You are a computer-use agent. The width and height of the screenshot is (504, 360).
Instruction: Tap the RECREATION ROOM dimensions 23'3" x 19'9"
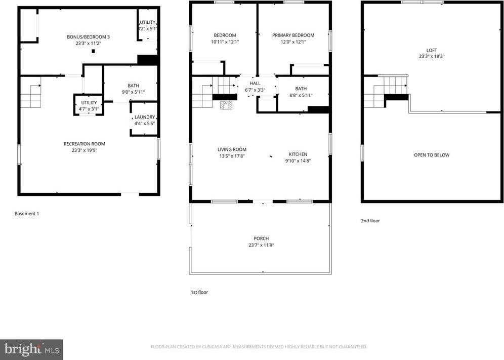coord(84,150)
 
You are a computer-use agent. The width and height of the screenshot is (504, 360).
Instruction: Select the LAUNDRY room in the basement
coord(144,119)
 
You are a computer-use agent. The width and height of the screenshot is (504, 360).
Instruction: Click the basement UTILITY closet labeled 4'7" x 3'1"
coord(89,105)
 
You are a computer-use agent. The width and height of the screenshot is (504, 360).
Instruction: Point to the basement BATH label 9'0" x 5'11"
coord(133,89)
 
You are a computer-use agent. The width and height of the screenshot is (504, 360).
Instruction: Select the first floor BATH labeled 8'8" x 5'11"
coord(301,92)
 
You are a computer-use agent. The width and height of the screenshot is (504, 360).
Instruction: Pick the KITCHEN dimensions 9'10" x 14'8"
coord(298,161)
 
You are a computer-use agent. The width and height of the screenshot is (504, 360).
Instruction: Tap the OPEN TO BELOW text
coord(431,155)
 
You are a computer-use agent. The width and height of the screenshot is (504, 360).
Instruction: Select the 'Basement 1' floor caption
coord(27,214)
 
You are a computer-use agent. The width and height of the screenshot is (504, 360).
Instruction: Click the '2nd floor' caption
coord(370,221)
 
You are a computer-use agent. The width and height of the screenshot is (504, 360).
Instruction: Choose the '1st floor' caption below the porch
coord(199,292)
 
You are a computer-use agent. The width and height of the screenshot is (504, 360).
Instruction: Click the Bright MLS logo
coord(31,349)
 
